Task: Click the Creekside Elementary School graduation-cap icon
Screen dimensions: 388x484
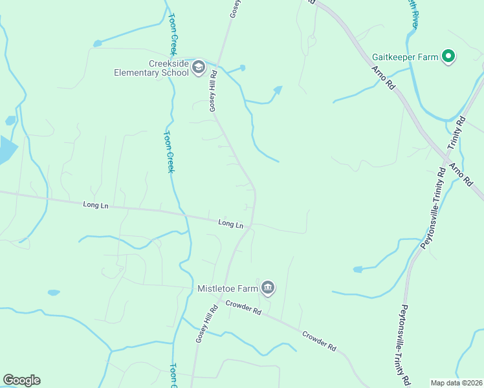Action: (x=199, y=67)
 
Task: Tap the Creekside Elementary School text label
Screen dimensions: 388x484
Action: (x=151, y=68)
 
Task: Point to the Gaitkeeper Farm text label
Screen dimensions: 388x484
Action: (x=406, y=57)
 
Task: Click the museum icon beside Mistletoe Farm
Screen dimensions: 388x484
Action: (x=268, y=288)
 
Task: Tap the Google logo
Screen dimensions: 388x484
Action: (x=21, y=380)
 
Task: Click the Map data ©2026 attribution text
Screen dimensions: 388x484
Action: (x=456, y=383)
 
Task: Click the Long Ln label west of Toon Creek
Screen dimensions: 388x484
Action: (x=95, y=205)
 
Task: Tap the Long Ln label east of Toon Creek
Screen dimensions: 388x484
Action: (x=230, y=224)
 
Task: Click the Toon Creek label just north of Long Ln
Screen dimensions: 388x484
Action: (x=169, y=152)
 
